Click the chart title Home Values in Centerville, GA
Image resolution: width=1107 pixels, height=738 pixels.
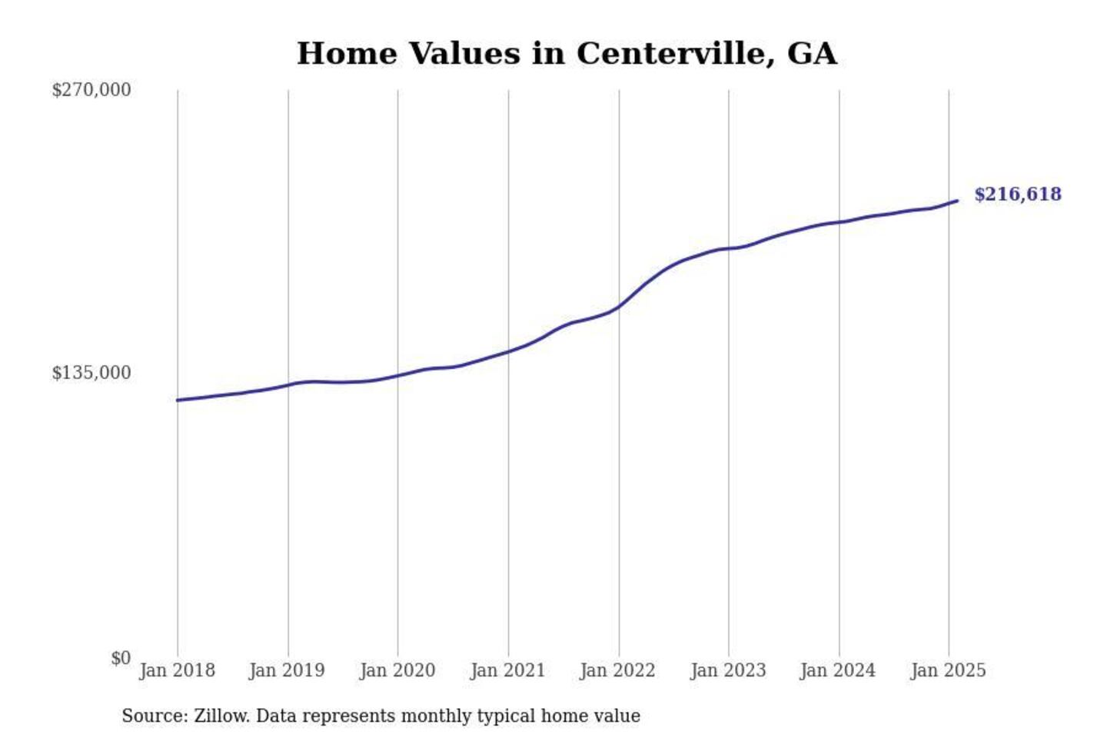[567, 54]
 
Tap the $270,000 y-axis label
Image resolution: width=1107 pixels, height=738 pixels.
[91, 90]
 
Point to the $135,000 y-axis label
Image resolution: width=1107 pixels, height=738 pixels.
[91, 373]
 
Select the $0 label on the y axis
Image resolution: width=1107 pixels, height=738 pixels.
[121, 658]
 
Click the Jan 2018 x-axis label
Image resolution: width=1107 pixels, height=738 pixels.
[177, 670]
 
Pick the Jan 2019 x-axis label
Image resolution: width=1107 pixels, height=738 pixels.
[287, 670]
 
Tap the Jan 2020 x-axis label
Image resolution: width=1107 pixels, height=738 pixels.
[397, 670]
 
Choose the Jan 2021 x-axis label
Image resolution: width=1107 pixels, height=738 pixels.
[507, 670]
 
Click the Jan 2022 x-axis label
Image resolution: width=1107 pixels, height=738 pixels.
[617, 670]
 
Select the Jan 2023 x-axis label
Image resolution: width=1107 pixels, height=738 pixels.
[728, 670]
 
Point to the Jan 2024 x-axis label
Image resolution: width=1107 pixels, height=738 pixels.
[838, 670]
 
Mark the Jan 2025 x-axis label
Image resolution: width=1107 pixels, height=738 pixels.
[948, 670]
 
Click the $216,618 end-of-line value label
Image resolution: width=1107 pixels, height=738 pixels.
[1018, 194]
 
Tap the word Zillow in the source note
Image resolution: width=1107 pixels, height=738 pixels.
[221, 716]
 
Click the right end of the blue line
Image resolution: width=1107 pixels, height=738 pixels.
[957, 201]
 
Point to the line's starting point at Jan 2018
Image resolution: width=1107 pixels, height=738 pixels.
[178, 400]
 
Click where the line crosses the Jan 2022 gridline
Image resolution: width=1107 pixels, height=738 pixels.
[619, 306]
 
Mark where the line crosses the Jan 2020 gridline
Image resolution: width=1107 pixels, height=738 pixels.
[398, 375]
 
